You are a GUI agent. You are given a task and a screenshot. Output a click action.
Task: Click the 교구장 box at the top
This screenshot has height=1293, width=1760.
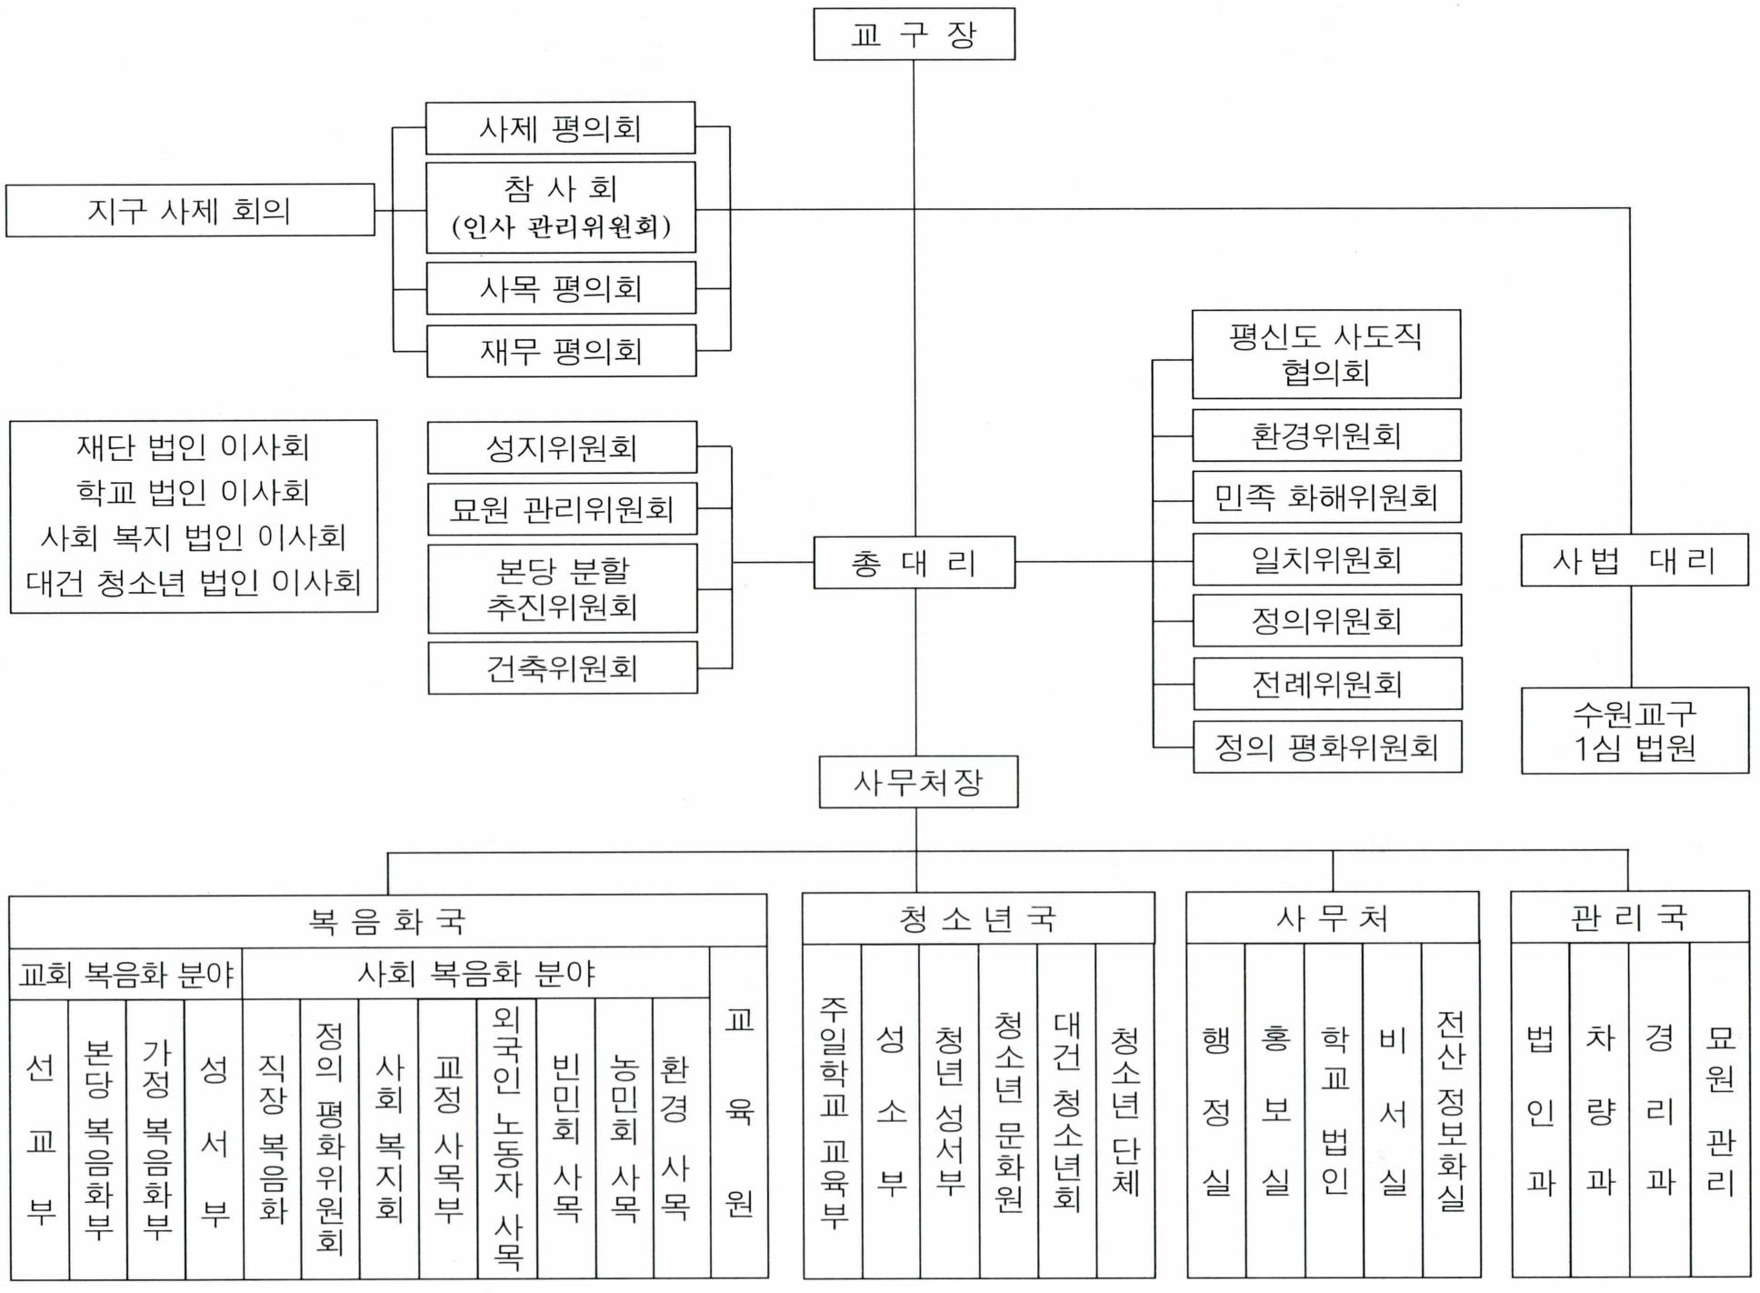click(914, 35)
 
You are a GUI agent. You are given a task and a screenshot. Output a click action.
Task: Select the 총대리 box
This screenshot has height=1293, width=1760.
click(914, 563)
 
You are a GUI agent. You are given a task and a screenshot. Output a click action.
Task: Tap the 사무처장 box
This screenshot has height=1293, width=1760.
click(918, 782)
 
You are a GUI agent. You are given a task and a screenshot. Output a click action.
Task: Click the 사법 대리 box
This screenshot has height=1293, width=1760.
click(1634, 560)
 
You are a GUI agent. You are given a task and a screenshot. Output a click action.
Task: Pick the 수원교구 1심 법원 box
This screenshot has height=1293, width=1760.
click(1635, 731)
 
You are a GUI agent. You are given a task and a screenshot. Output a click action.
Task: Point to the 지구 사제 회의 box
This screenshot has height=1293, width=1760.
click(190, 210)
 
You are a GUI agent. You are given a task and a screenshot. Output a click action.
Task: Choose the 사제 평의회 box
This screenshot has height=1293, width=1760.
click(560, 128)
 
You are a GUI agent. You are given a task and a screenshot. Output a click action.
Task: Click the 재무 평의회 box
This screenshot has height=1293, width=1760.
click(561, 351)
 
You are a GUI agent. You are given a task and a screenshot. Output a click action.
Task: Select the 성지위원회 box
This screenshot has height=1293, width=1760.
click(562, 447)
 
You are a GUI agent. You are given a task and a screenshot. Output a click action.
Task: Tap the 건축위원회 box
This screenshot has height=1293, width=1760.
click(562, 668)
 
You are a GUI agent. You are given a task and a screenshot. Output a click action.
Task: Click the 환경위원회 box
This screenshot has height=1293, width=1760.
click(1326, 436)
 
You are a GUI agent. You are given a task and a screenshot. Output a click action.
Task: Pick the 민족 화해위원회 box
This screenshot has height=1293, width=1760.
click(1326, 496)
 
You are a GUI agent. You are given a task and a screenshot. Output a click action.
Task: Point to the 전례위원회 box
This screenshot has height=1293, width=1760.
click(1327, 684)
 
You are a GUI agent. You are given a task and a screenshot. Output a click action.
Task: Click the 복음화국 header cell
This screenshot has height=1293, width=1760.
click(387, 921)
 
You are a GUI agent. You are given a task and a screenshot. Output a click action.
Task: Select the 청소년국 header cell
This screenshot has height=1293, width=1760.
click(978, 919)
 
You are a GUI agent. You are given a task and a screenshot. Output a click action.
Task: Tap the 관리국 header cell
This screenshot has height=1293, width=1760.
click(1629, 917)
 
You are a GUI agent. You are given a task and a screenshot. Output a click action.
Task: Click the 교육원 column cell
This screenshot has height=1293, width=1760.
click(738, 1112)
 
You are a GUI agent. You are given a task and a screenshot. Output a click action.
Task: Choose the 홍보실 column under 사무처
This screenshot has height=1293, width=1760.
click(1275, 1110)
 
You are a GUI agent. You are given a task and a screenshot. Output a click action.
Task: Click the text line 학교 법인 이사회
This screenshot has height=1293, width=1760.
click(193, 492)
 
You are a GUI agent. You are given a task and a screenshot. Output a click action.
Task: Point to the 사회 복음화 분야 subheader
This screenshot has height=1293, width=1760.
click(475, 974)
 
